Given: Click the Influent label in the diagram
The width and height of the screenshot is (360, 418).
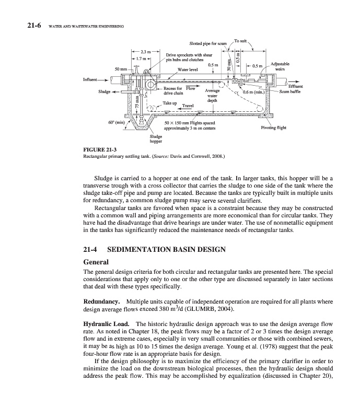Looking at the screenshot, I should tap(92, 80).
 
